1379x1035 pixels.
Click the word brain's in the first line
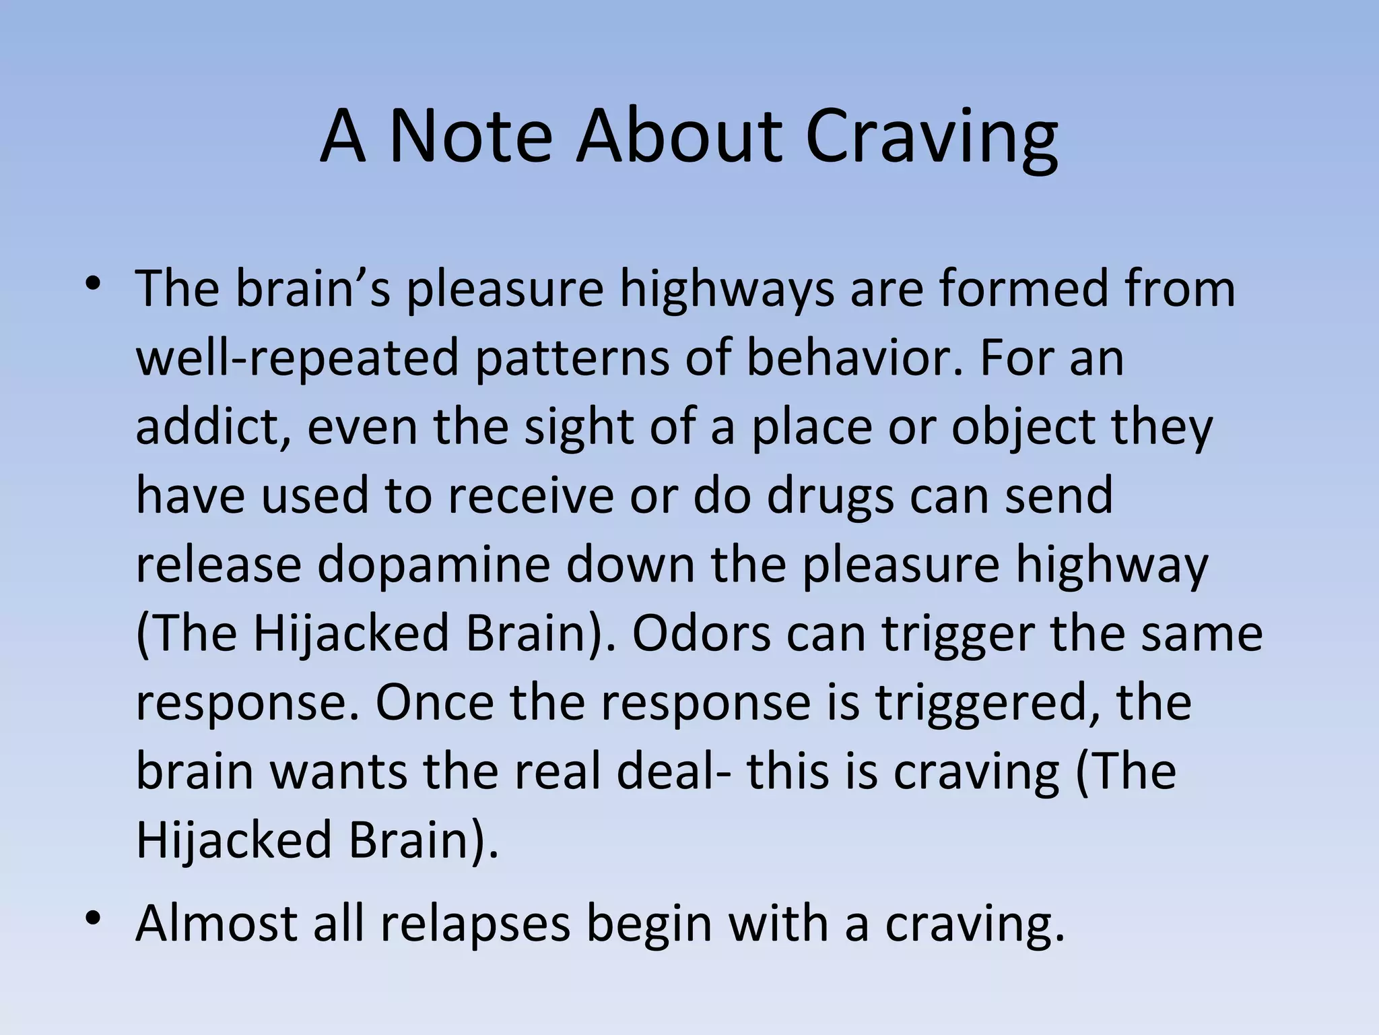(x=312, y=288)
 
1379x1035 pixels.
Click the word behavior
(x=852, y=357)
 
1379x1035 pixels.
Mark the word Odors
(x=701, y=633)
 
